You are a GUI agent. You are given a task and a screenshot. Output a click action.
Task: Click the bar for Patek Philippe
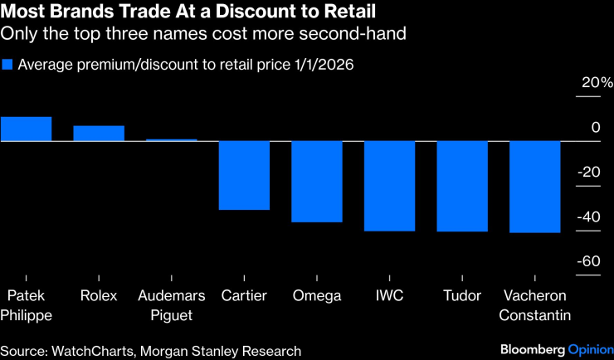click(x=26, y=129)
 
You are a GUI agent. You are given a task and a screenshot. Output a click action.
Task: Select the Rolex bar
click(x=99, y=134)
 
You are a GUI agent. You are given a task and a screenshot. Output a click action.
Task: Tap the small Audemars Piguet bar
click(x=172, y=140)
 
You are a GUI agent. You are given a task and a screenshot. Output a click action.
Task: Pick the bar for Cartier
click(x=244, y=175)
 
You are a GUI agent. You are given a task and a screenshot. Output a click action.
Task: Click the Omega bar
click(x=317, y=182)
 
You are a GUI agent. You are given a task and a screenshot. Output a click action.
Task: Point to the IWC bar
click(x=389, y=186)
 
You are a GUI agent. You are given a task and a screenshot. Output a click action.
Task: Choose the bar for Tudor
click(x=462, y=187)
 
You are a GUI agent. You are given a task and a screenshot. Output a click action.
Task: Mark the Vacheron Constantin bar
click(x=535, y=187)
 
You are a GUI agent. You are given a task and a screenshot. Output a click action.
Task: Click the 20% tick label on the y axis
click(x=597, y=83)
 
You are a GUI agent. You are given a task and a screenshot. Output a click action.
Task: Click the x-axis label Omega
click(x=316, y=296)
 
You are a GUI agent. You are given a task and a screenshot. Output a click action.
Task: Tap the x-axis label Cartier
click(x=244, y=296)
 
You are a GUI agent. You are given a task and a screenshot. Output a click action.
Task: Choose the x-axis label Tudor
click(x=462, y=296)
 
